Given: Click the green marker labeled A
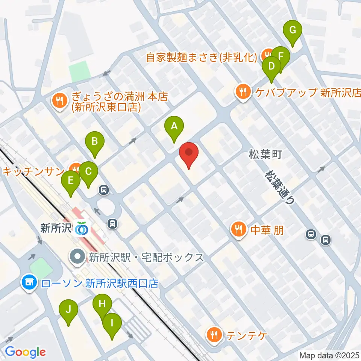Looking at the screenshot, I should [x=174, y=127].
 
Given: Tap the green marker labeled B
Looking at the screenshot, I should [x=95, y=143].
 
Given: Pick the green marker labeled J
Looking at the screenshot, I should [x=68, y=310].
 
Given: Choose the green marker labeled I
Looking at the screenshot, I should [x=112, y=324].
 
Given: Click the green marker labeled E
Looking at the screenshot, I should [x=71, y=182].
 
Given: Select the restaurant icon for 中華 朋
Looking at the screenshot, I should [x=238, y=229].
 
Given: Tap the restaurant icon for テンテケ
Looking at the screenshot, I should [x=214, y=334].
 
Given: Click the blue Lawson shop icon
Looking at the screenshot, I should [x=29, y=282].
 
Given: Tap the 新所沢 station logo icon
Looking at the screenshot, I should [x=82, y=228].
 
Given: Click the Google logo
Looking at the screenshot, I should [x=25, y=352].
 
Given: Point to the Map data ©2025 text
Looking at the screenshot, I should [x=329, y=355].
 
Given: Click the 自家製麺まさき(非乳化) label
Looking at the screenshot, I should [x=202, y=57].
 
